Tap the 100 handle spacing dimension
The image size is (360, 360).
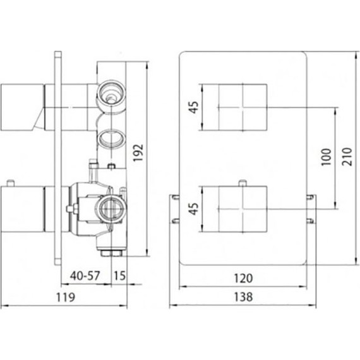325,156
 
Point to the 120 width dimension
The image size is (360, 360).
243,277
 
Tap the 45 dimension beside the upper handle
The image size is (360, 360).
195,107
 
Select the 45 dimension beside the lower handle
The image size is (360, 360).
195,209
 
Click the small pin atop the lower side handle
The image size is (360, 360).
11,184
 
